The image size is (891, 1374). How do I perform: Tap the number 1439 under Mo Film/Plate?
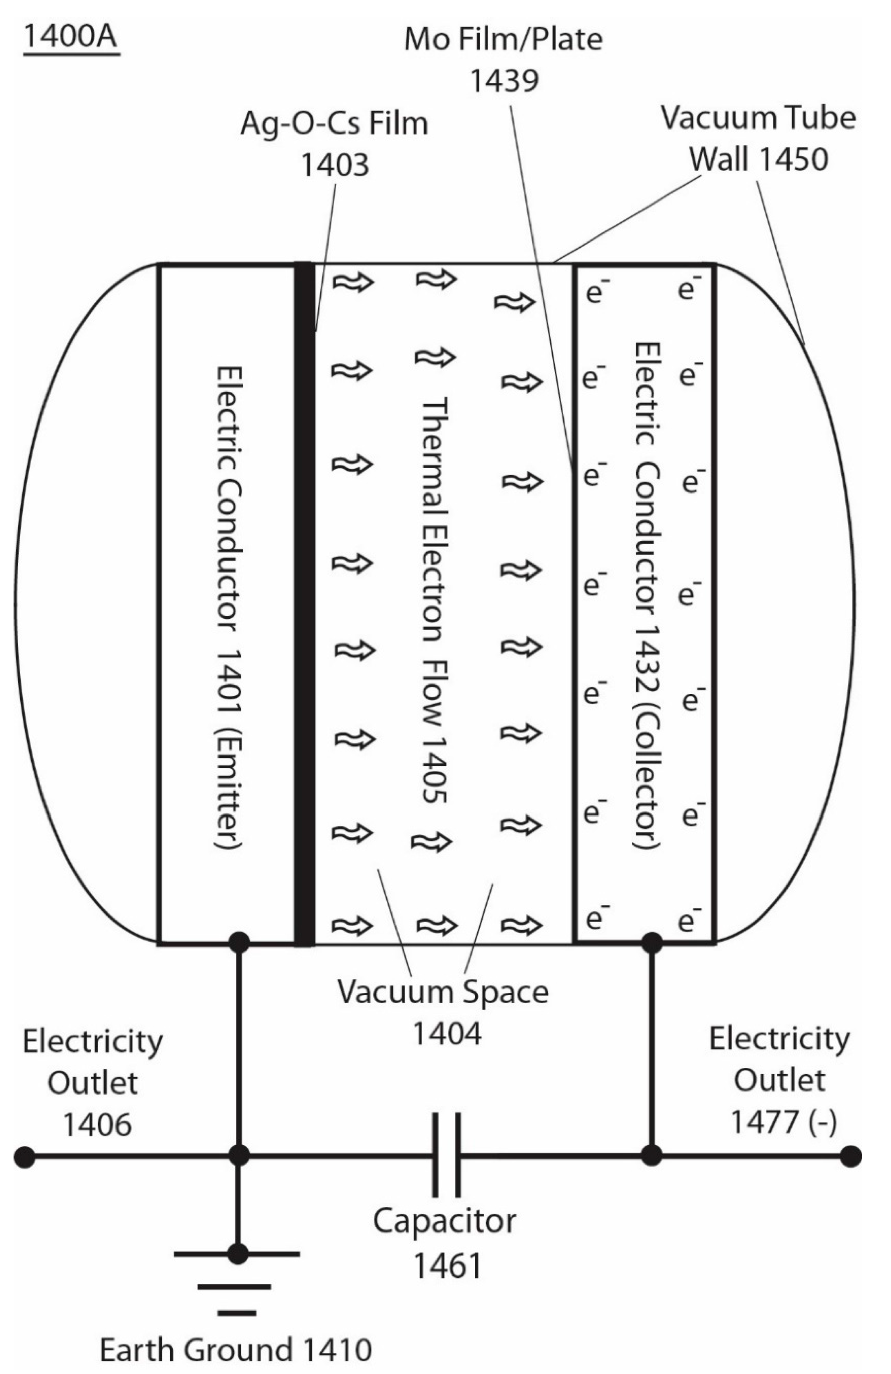pos(504,80)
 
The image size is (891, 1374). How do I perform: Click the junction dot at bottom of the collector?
pos(652,943)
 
